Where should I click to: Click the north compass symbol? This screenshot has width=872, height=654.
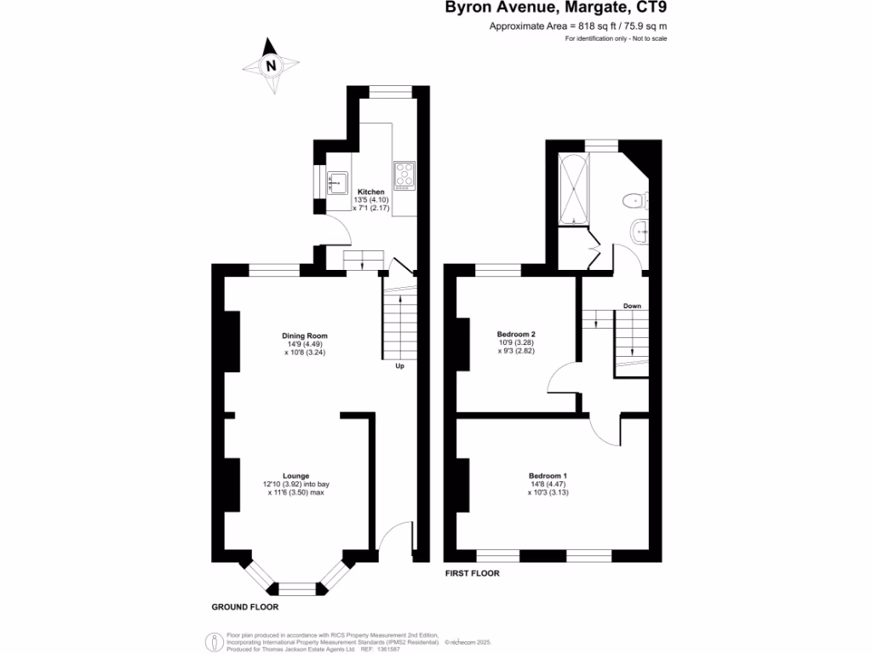click(272, 66)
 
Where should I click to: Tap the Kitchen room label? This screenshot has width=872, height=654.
click(370, 192)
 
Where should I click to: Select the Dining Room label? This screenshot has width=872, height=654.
click(305, 336)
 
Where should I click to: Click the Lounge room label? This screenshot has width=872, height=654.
click(296, 476)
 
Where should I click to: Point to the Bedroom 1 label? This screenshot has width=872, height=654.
click(548, 475)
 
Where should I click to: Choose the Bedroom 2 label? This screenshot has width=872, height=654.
click(516, 334)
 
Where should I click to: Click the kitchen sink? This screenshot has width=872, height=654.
click(337, 180)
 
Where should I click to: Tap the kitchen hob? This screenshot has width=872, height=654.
click(403, 175)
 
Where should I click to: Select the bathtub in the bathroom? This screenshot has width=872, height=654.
click(572, 189)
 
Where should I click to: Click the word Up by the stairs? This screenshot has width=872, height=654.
click(399, 367)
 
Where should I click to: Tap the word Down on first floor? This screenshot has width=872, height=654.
click(632, 306)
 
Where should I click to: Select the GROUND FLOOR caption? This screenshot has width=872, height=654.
click(245, 607)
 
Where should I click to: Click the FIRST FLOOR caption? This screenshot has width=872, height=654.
click(473, 574)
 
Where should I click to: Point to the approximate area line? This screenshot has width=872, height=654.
click(578, 26)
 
